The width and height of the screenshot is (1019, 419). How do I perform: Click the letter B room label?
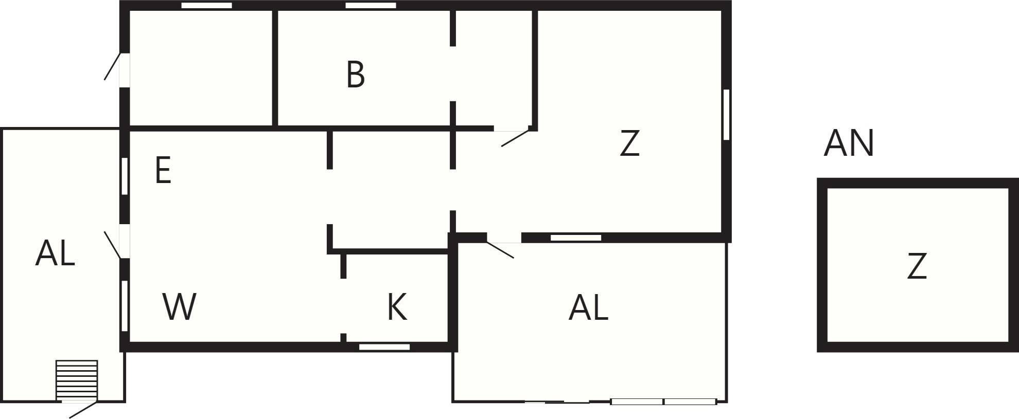tap(356, 75)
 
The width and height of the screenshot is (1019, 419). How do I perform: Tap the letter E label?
tap(163, 171)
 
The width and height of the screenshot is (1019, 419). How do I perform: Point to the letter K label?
tap(397, 307)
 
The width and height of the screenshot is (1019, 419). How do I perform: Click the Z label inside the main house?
tap(629, 143)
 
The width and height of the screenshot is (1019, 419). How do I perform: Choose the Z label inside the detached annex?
tap(917, 266)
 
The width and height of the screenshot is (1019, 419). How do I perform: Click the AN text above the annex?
tap(849, 143)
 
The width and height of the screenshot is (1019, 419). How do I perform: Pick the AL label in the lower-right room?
tap(588, 308)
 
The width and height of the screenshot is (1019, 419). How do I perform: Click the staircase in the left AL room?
tap(77, 379)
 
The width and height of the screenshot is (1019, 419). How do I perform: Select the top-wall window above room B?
tap(371, 6)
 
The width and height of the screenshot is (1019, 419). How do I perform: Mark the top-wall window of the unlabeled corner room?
tap(207, 6)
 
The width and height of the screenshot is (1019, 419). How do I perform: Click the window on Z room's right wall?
tap(726, 115)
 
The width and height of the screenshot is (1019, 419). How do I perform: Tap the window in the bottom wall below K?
tap(384, 347)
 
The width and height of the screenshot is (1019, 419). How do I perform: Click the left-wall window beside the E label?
tap(125, 176)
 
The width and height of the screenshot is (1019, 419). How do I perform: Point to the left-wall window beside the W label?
tap(125, 305)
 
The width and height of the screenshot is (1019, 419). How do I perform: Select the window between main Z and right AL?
tap(576, 238)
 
